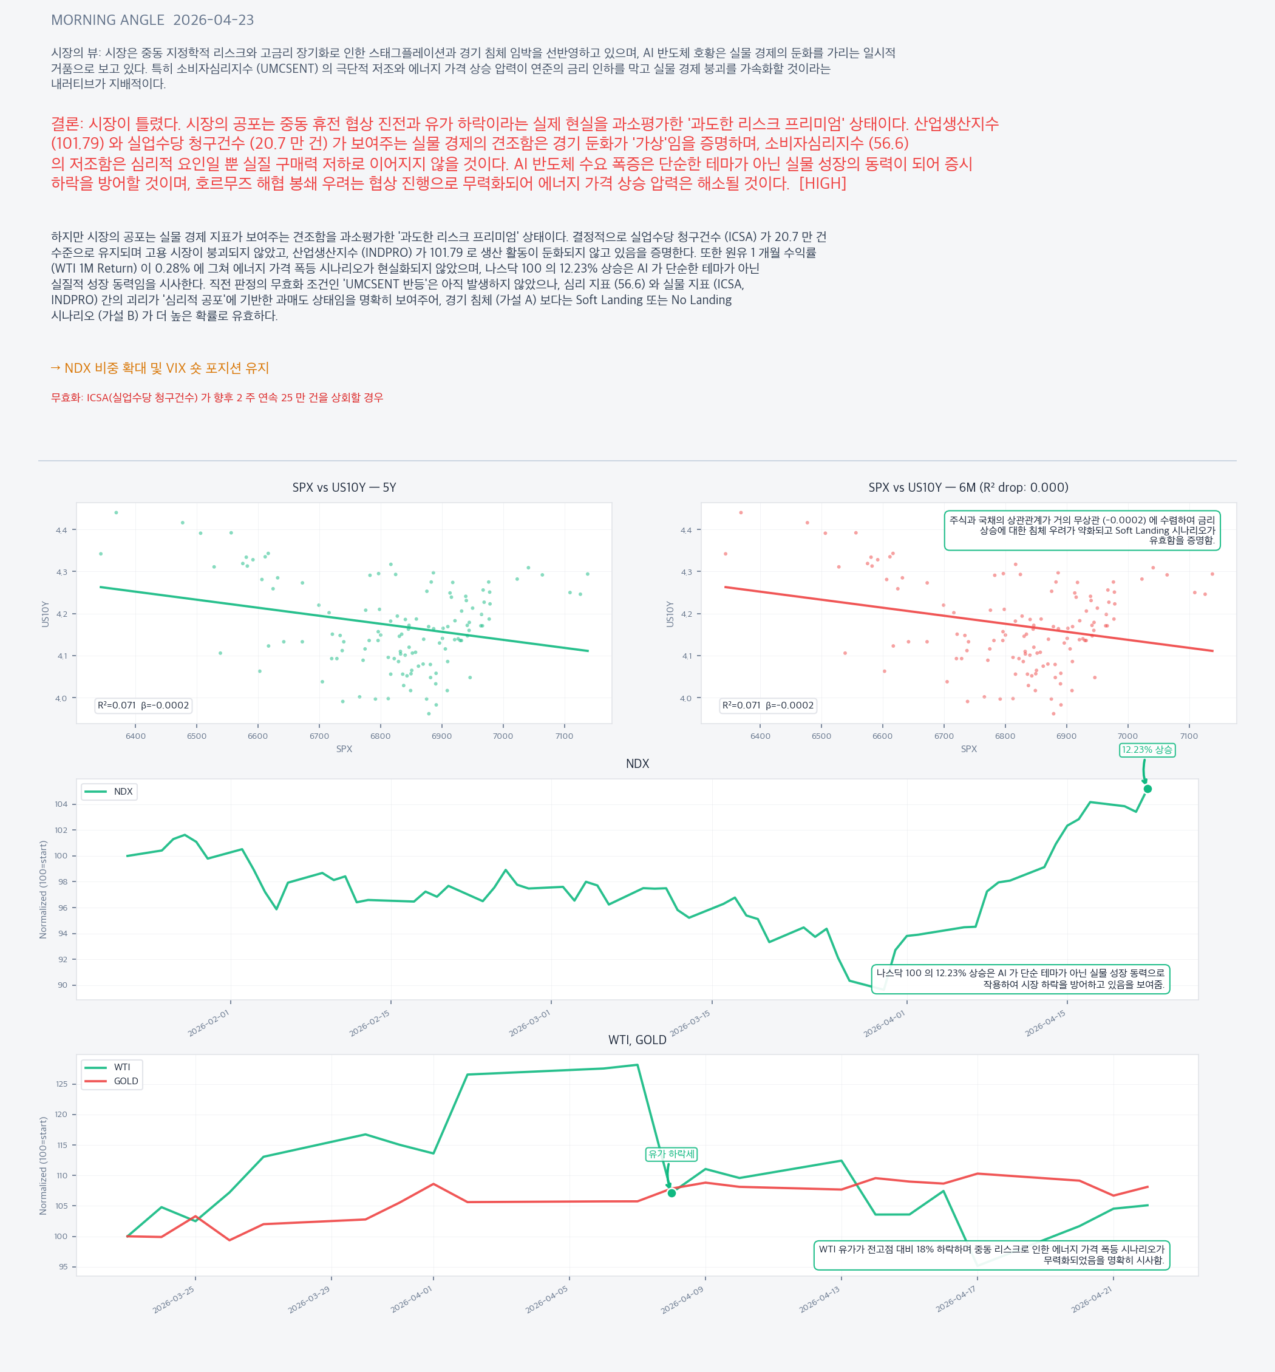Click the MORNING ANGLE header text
point(107,20)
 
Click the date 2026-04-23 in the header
point(213,20)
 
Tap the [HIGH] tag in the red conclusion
point(823,183)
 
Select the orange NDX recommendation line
point(160,368)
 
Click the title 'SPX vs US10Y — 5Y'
point(344,487)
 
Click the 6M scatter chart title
point(968,487)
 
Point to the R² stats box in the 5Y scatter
point(143,705)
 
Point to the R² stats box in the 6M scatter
point(768,705)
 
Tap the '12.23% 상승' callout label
point(1147,750)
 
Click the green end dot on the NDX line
point(1147,789)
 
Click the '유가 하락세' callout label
point(671,1154)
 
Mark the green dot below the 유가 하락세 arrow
point(671,1194)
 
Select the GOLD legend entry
point(126,1081)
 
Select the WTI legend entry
point(121,1067)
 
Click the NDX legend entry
point(123,791)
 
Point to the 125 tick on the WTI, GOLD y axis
point(62,1084)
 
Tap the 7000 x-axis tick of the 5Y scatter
point(503,736)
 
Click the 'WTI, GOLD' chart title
point(637,1040)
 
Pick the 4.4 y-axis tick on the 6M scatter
point(686,531)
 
